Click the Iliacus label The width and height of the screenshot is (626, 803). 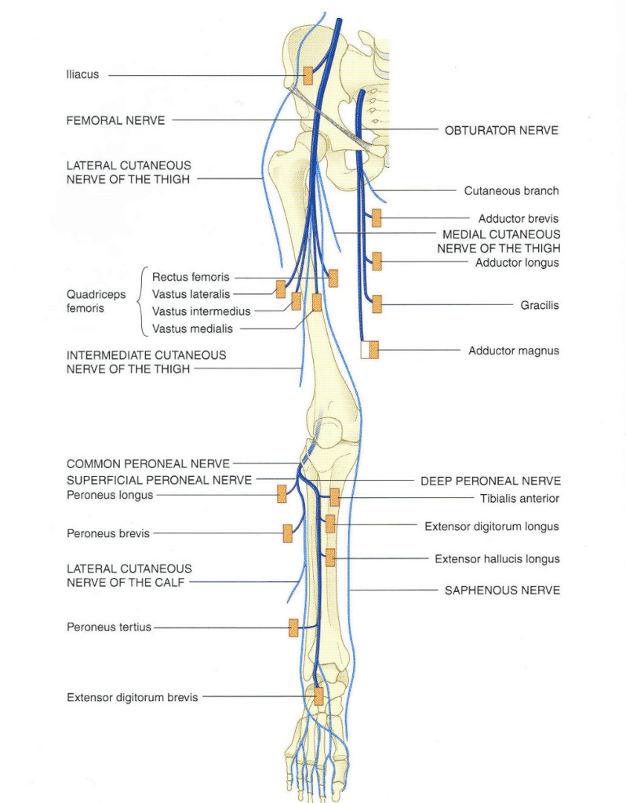(82, 75)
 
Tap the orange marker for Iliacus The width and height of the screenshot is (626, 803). (308, 75)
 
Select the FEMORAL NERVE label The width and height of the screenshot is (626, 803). (115, 120)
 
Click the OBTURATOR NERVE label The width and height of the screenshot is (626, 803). (501, 130)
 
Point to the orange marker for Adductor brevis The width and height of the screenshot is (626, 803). (377, 218)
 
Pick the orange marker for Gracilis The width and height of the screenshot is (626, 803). (377, 304)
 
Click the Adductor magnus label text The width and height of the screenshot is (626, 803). (514, 351)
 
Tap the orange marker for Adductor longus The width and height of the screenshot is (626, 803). (377, 261)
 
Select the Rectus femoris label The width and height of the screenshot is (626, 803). (191, 277)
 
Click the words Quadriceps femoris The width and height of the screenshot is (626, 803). (96, 301)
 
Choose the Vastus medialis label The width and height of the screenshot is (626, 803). (192, 329)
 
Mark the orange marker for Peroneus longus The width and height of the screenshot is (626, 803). (282, 494)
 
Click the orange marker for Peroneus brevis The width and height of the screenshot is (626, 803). (288, 533)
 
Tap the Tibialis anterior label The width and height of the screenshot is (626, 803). (519, 498)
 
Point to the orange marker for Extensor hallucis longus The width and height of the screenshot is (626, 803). (330, 558)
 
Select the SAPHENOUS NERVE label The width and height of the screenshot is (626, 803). (502, 590)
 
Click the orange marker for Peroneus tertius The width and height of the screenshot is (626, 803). (293, 627)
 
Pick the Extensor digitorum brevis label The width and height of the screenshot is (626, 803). (132, 696)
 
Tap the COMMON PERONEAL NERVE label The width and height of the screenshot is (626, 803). (148, 463)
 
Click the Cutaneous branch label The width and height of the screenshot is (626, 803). (511, 191)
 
